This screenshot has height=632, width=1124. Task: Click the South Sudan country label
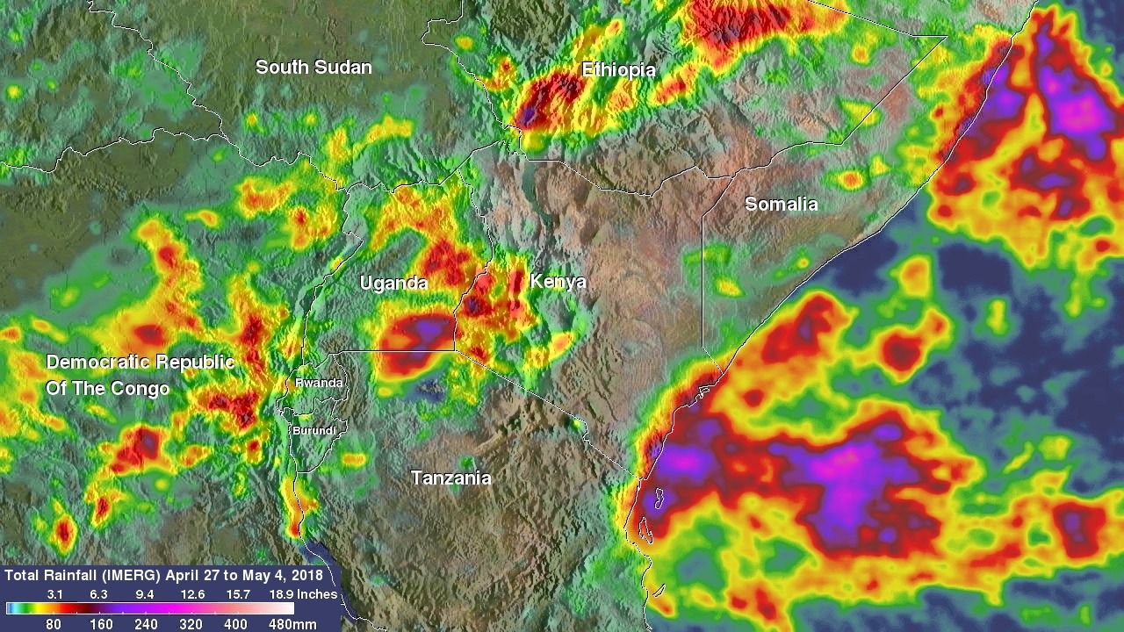(313, 67)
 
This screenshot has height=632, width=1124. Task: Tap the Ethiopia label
(618, 70)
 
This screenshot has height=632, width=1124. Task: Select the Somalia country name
(781, 205)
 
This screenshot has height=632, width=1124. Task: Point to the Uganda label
(393, 283)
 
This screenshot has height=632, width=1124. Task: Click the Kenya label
(557, 282)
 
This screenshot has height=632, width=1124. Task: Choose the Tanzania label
(451, 478)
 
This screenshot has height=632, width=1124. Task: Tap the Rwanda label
(319, 383)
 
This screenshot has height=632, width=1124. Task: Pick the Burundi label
(313, 430)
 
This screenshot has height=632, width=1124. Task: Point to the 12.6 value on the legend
(192, 594)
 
